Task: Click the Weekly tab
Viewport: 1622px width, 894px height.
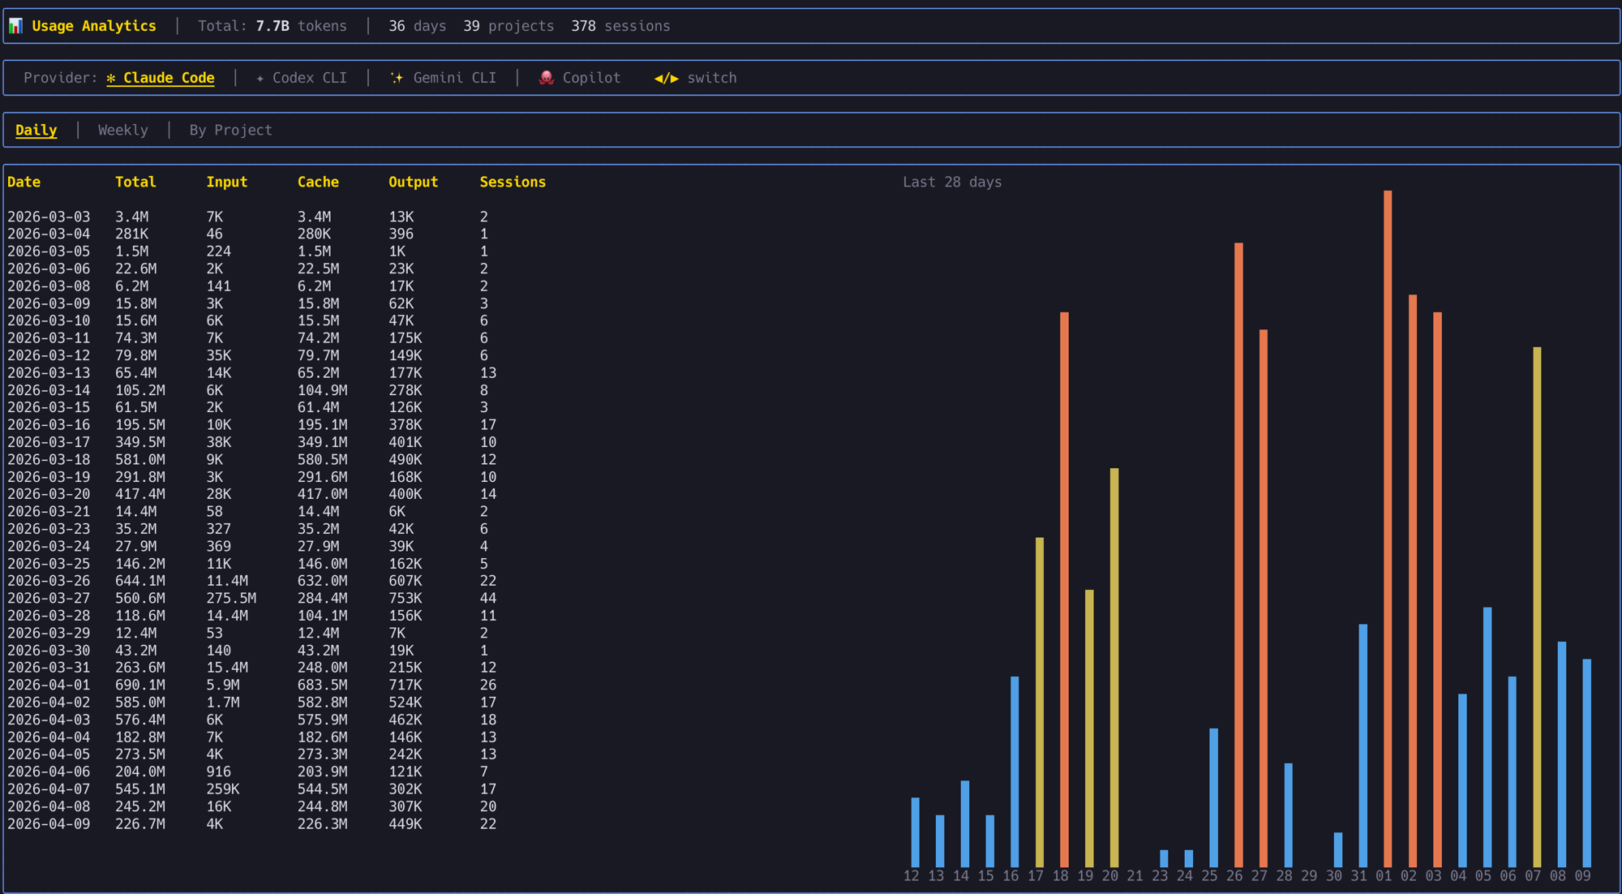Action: pos(122,130)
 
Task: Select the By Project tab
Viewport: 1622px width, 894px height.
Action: pos(230,130)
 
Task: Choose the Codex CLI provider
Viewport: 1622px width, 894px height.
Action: pos(302,78)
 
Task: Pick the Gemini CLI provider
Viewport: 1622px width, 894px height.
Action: pos(444,78)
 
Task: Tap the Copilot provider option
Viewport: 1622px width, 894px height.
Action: pos(581,78)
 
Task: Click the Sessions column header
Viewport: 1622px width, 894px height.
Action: pos(513,182)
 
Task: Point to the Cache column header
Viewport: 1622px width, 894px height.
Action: pos(318,182)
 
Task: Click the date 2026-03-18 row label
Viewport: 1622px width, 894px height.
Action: pos(49,459)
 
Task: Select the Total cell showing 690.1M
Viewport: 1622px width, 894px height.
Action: pos(139,685)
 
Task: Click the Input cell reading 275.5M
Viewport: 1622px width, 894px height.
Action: pos(231,598)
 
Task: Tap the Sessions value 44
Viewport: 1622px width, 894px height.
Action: pos(487,598)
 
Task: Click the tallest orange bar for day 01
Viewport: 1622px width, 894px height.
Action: pos(1388,527)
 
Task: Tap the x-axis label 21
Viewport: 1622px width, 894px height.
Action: pos(1135,876)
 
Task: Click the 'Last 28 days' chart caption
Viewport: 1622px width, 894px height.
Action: pos(952,182)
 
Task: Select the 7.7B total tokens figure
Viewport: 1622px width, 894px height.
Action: pos(272,26)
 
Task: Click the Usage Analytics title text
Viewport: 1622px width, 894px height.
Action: pos(94,26)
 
